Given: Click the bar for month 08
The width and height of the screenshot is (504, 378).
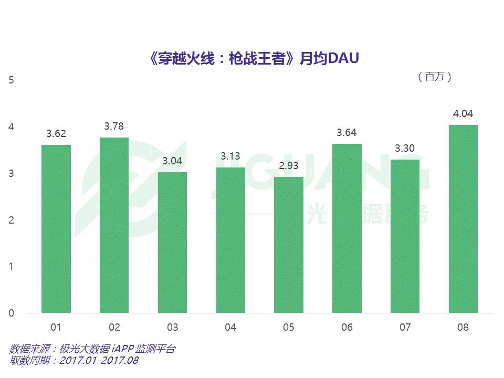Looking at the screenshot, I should (x=463, y=219).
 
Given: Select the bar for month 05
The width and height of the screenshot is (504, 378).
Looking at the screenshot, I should (x=288, y=245).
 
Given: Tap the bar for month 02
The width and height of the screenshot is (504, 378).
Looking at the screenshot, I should (x=114, y=225).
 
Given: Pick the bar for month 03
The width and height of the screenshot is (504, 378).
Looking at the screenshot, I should (x=172, y=243).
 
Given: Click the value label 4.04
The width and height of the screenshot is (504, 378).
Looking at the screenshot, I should (x=463, y=114).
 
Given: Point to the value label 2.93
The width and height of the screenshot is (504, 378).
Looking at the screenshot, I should (x=288, y=166).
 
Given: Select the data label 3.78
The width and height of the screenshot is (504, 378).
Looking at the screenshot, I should (x=114, y=127).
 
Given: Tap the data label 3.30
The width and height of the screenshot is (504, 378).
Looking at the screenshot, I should (x=405, y=149).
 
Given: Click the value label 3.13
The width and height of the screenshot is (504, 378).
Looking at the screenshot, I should (x=230, y=156).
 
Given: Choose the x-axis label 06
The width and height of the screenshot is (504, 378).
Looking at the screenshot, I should (x=346, y=328).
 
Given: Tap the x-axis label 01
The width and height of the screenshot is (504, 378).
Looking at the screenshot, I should (x=56, y=328).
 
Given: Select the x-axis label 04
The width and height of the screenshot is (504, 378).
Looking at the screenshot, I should (x=230, y=328).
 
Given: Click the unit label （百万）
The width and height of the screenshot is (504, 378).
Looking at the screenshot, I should (x=435, y=77).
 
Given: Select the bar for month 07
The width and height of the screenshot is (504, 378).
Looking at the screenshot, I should (x=405, y=236).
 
